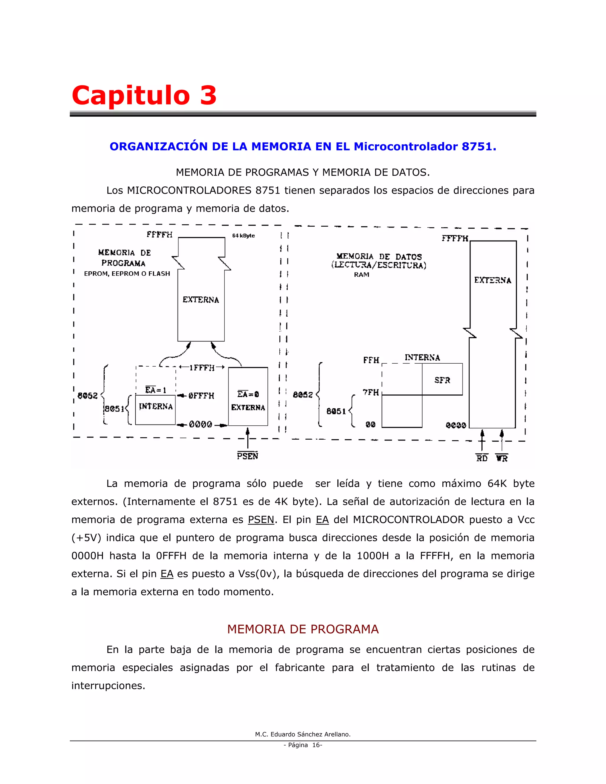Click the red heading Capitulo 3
(144, 95)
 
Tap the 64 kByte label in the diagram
(244, 235)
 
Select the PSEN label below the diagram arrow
(247, 456)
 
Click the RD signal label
(482, 458)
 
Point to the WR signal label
(502, 458)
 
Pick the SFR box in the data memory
(442, 380)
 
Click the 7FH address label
(371, 392)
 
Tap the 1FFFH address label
(202, 367)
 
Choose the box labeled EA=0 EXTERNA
(248, 397)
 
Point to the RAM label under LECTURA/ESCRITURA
(362, 275)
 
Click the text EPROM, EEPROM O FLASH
(127, 274)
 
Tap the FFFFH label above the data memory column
(454, 238)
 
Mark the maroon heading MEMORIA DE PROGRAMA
(303, 629)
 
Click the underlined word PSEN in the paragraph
(261, 520)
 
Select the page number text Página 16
(303, 745)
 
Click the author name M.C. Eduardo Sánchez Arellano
(303, 734)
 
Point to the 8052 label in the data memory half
(303, 394)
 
